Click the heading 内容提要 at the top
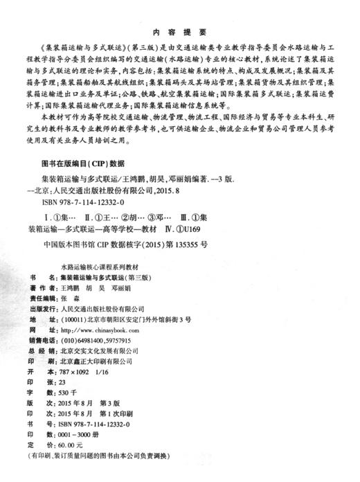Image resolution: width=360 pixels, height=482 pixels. [x=180, y=32]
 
